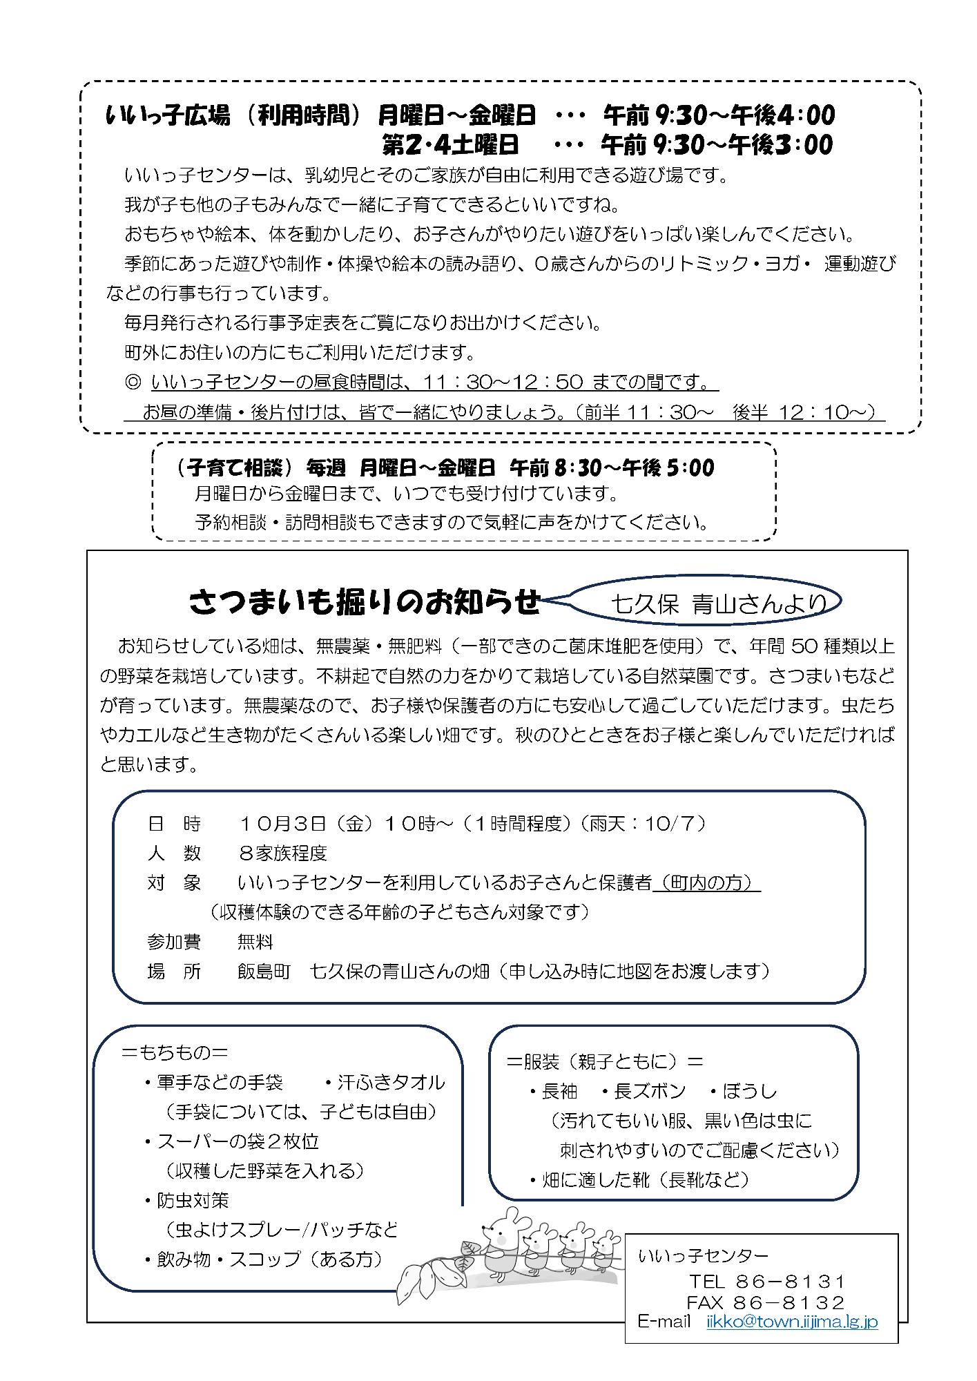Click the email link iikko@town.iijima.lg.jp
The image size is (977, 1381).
click(792, 1322)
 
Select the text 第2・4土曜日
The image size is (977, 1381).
click(450, 145)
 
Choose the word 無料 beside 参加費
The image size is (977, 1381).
click(255, 942)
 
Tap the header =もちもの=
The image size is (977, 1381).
click(175, 1052)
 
